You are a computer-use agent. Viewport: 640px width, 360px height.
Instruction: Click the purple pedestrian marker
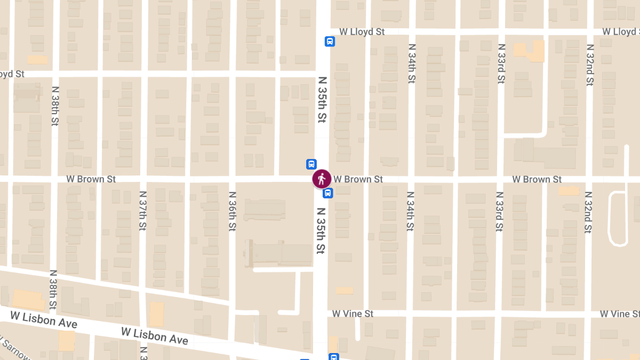click(x=322, y=179)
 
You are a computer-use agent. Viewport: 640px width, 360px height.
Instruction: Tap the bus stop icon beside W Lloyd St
click(x=330, y=42)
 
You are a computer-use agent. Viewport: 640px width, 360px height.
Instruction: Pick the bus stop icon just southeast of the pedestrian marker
click(x=329, y=193)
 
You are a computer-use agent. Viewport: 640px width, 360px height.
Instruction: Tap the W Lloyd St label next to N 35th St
click(x=362, y=32)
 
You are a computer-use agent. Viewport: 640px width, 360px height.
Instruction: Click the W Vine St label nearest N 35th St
click(x=353, y=314)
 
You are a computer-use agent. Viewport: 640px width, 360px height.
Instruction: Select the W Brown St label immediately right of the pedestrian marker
click(x=358, y=179)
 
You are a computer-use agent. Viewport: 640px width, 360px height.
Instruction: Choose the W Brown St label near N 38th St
click(x=91, y=179)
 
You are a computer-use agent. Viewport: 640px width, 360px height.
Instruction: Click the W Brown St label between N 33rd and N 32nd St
click(x=537, y=179)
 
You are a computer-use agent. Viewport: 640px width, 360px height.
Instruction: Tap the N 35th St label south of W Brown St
click(x=321, y=230)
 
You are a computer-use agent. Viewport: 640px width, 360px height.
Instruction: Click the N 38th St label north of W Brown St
click(x=54, y=106)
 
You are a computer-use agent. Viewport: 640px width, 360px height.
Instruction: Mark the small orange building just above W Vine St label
click(x=345, y=291)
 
